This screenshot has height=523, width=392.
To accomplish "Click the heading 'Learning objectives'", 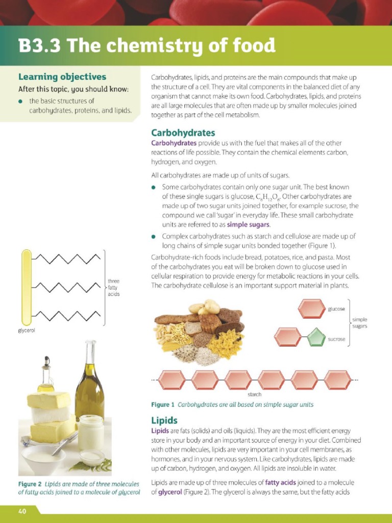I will coord(62,77).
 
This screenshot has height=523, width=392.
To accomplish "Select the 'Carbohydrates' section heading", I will coord(183,132).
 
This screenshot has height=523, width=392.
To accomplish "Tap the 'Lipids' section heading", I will coord(164,420).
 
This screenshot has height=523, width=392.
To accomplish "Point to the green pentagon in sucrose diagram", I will coord(316,338).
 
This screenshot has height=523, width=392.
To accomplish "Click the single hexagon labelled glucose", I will coord(311,309).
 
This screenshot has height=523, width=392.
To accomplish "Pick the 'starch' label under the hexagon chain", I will coord(254,394).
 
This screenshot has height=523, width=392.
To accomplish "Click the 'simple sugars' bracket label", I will coord(359,323).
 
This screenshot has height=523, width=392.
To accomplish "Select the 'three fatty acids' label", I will coord(113,288).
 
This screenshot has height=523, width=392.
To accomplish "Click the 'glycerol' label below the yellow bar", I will coord(26,331).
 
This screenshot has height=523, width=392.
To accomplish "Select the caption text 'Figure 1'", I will coord(163,405).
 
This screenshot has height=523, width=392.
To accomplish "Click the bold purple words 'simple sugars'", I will coord(249,225).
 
